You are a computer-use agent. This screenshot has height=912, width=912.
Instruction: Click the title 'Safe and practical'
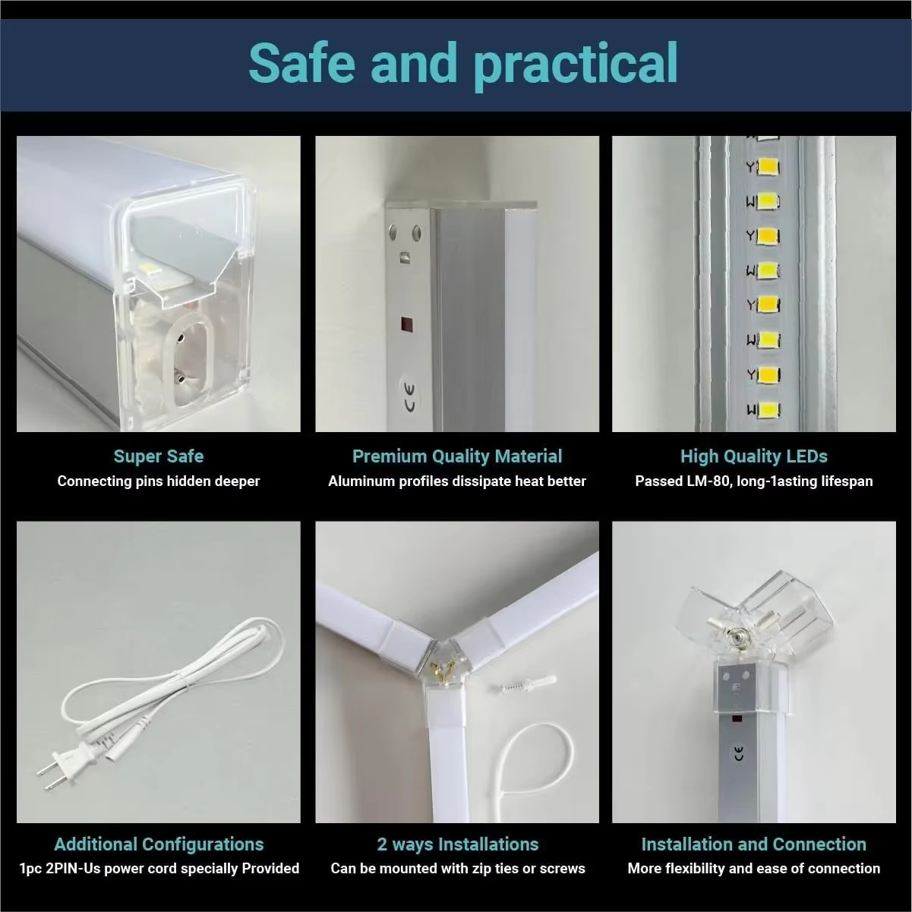click(463, 64)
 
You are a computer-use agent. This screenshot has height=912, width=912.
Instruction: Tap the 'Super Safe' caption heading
click(159, 456)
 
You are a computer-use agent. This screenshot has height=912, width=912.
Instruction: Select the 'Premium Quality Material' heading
click(457, 456)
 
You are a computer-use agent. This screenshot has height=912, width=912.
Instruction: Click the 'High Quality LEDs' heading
click(754, 456)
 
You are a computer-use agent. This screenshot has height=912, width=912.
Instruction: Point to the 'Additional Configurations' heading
click(159, 844)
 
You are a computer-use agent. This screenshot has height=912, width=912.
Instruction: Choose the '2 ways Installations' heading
click(458, 844)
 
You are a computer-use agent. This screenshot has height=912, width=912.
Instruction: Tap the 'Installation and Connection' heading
click(754, 844)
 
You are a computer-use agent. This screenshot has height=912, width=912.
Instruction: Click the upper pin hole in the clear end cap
click(180, 338)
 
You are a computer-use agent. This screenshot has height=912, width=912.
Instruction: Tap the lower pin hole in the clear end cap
click(180, 377)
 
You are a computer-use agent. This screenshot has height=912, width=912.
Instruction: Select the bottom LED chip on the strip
click(769, 410)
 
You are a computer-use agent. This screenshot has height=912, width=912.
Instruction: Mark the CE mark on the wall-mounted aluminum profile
click(410, 398)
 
